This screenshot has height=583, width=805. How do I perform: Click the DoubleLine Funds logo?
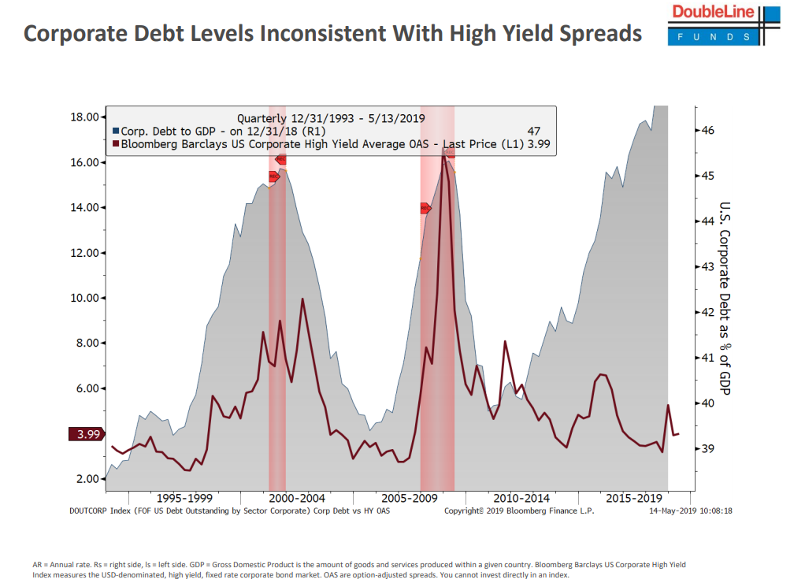click(x=723, y=24)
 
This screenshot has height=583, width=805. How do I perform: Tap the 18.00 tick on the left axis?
click(x=84, y=117)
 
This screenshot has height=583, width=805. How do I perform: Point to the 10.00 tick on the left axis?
click(x=84, y=299)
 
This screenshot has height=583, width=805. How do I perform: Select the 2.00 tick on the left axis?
click(x=87, y=479)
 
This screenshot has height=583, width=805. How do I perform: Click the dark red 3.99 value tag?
click(x=85, y=434)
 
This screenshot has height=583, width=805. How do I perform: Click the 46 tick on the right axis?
click(x=707, y=130)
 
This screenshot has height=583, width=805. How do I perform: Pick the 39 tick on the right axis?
click(x=707, y=449)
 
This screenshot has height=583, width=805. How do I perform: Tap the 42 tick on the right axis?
click(x=707, y=312)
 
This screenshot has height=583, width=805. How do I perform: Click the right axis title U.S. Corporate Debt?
click(x=725, y=299)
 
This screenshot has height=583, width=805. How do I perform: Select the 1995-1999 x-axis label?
click(x=184, y=498)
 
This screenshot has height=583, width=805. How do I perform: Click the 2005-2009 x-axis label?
click(x=409, y=498)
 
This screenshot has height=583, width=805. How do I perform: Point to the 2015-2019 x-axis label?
click(x=633, y=498)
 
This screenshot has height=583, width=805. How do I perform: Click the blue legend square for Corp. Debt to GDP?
click(x=116, y=131)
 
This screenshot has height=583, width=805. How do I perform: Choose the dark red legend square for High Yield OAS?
click(x=116, y=144)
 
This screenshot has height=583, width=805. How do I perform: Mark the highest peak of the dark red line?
click(x=443, y=156)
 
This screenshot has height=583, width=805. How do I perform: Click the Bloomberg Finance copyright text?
click(x=519, y=511)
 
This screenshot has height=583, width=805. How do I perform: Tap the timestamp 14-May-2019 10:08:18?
click(x=690, y=511)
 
